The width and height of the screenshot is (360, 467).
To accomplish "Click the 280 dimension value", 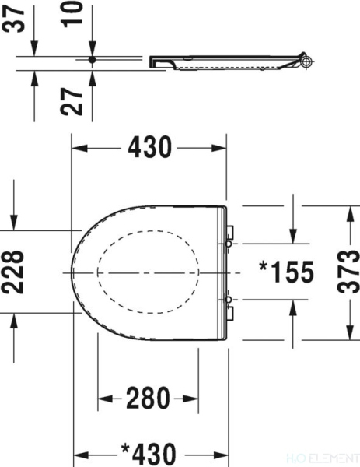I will [148, 399].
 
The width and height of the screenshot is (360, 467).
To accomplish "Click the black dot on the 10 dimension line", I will [93, 60].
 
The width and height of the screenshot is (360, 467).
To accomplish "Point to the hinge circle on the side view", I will [306, 61].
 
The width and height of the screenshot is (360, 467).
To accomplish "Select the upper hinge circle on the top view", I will [227, 244].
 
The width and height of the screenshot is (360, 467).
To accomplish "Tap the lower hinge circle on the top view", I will [227, 300].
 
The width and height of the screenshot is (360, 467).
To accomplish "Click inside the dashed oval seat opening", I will [148, 272].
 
